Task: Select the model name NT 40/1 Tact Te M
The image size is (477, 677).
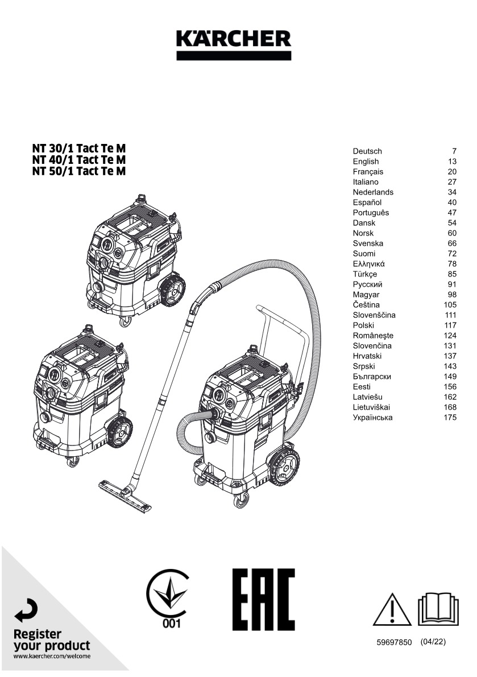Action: coord(79,160)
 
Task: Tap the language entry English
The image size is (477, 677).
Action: coord(366,162)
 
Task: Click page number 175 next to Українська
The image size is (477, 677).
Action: coord(450,418)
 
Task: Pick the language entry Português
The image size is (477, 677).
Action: coord(371,213)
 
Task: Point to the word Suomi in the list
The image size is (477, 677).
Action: coord(364,254)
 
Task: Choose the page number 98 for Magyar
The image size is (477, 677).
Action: coord(453,295)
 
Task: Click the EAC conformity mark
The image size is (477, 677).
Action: coord(263,599)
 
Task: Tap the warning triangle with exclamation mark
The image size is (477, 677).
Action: coord(392,609)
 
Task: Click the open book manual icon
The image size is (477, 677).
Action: coord(438,608)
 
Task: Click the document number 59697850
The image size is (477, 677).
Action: coord(393,642)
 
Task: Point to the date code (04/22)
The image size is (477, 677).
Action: coord(433,642)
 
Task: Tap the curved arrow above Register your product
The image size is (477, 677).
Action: coord(27,612)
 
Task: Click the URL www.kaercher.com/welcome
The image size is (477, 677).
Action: coord(52,657)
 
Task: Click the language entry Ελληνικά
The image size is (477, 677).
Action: coord(369,264)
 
